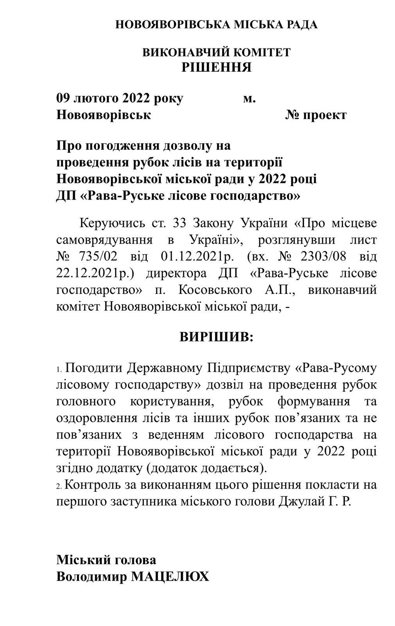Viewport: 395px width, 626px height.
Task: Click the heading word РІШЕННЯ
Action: [x=216, y=67]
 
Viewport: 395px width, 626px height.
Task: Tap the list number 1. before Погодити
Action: [x=59, y=370]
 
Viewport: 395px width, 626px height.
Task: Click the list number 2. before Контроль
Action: [x=59, y=486]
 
